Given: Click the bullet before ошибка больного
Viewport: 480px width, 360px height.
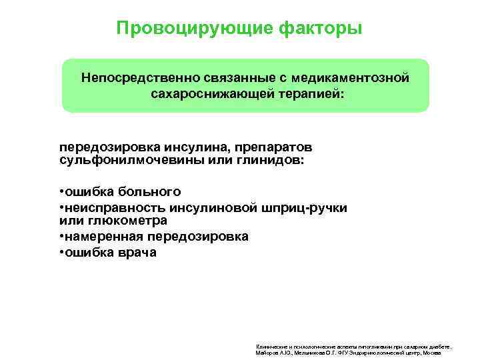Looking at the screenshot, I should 61,192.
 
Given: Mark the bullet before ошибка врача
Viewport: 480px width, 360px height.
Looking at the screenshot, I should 61,253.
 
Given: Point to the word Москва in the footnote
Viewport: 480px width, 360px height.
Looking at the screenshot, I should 431,353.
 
